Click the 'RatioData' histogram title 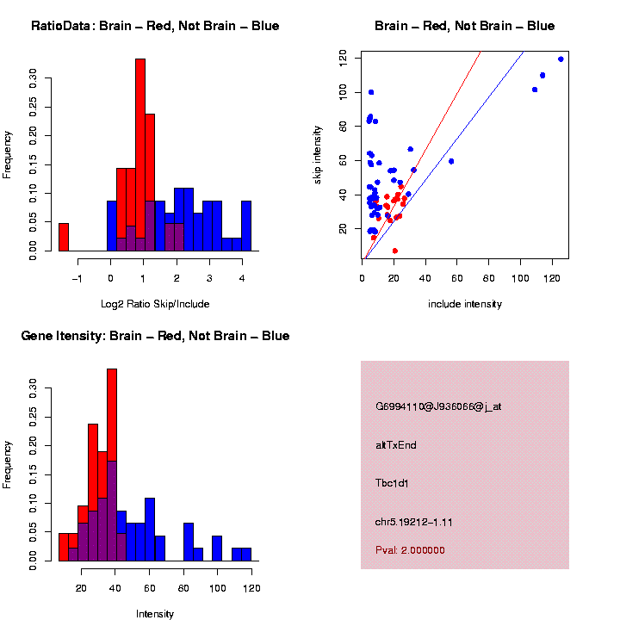(155, 26)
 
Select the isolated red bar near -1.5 (64, 237)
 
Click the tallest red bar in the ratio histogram (140, 155)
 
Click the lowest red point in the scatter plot (395, 251)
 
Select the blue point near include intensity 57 (451, 161)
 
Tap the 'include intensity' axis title (465, 304)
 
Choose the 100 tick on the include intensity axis (520, 278)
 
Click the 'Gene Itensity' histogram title (155, 336)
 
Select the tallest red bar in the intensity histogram (112, 465)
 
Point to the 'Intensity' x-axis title (155, 614)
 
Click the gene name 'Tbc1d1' (392, 483)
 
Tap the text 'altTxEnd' (396, 445)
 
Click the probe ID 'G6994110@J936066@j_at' (438, 406)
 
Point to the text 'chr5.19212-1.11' (414, 522)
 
